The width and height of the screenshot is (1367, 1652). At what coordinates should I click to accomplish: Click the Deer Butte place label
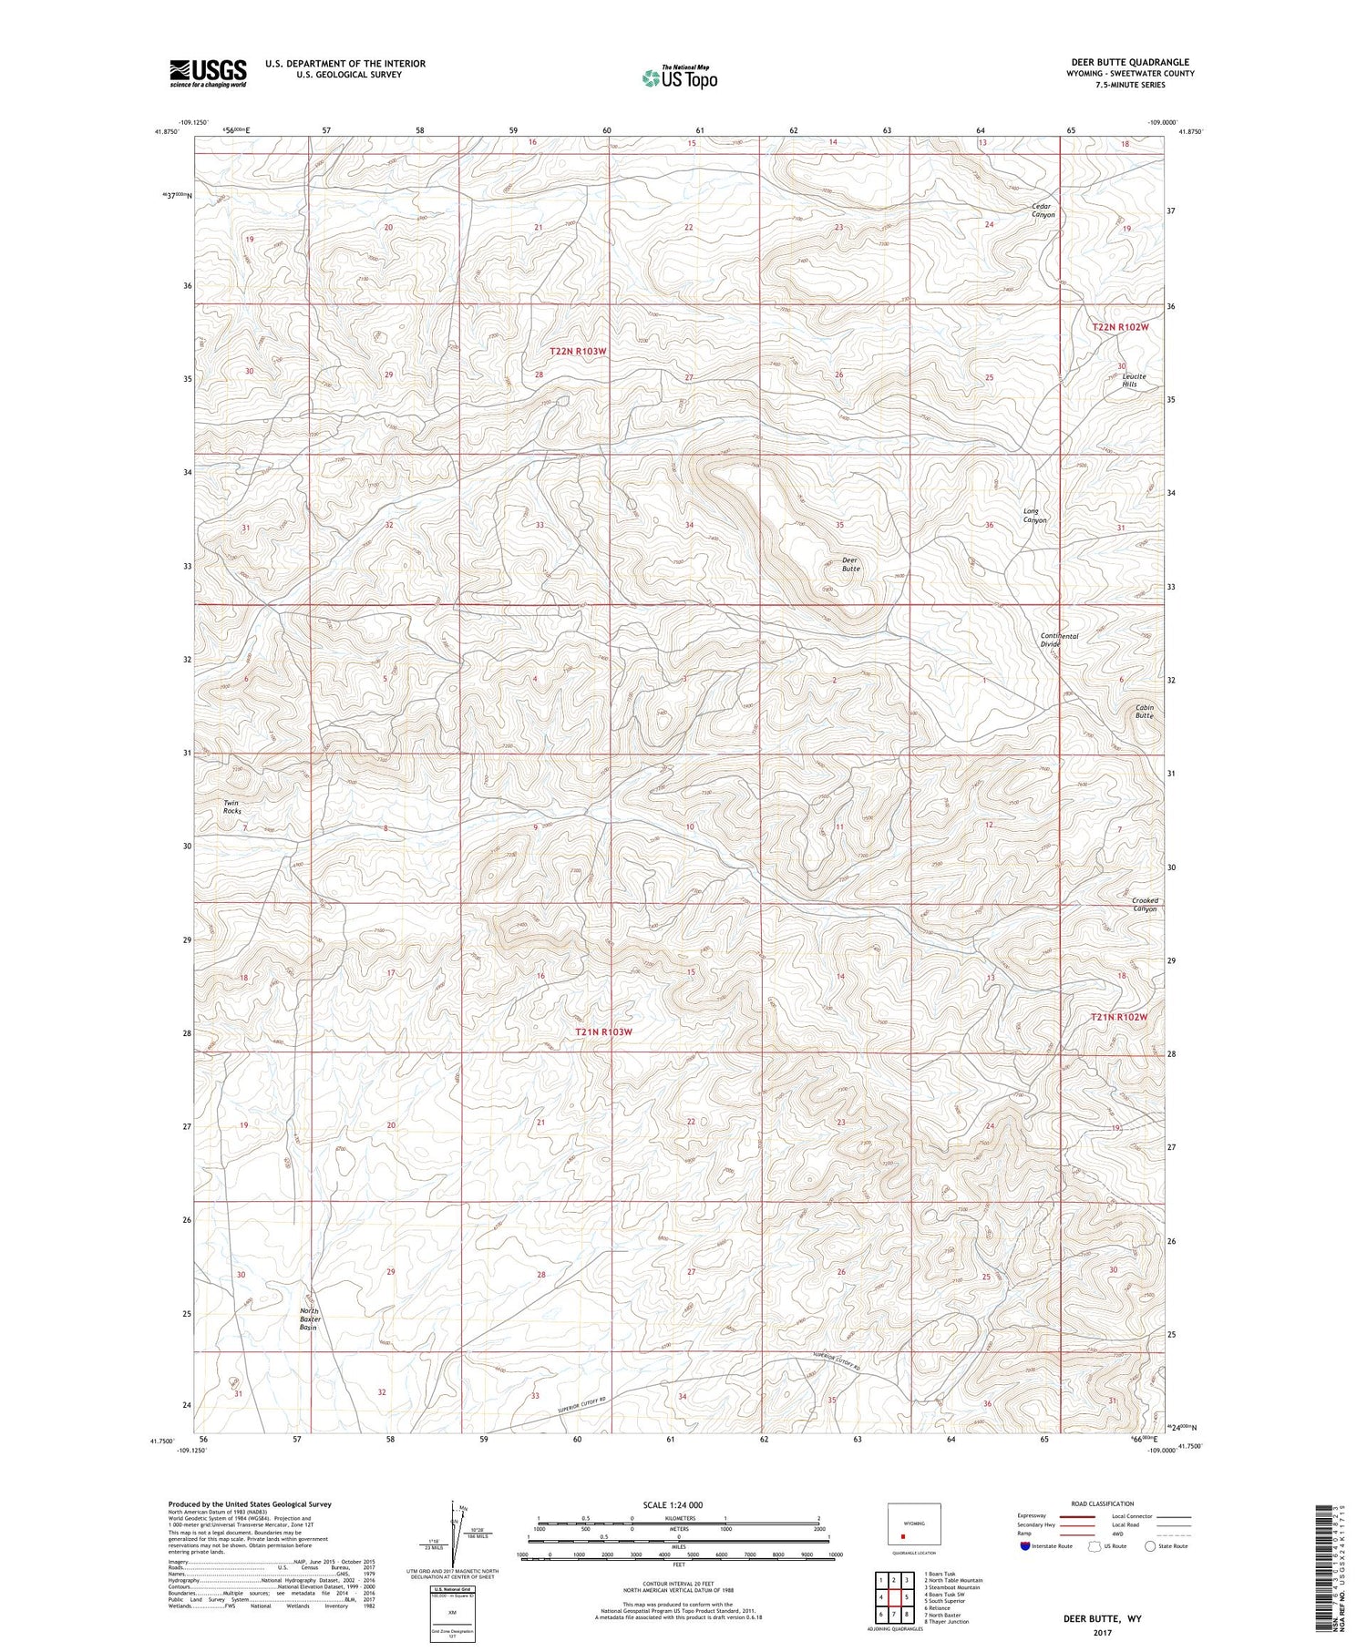(x=850, y=564)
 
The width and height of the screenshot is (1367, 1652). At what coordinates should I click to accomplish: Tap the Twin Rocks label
(x=233, y=806)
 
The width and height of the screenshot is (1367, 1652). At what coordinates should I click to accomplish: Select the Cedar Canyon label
(x=1043, y=210)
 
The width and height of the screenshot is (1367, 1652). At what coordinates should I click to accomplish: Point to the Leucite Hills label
(x=1133, y=380)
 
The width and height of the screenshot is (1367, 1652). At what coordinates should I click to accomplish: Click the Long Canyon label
(x=1034, y=516)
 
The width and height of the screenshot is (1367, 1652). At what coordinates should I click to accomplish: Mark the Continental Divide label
(x=1059, y=640)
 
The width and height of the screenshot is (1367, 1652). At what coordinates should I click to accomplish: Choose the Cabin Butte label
(x=1145, y=712)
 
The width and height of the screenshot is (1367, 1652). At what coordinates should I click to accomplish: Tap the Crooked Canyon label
(x=1145, y=904)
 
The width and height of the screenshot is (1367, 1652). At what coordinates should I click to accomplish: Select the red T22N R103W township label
(x=578, y=351)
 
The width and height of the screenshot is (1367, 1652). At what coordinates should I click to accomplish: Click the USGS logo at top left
(x=208, y=73)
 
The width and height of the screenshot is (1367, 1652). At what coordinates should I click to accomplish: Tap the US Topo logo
(x=679, y=77)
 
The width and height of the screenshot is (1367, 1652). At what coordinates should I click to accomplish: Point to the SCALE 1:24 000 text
(x=678, y=1504)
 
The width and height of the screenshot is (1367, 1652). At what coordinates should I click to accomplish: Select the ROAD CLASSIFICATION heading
(x=1102, y=1503)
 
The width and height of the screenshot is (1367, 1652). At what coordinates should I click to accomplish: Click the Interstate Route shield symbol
(x=1025, y=1546)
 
